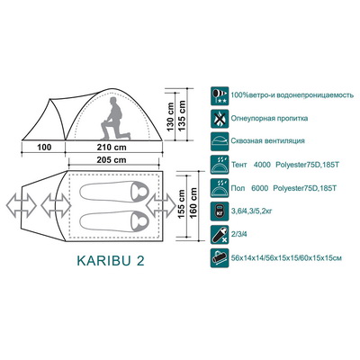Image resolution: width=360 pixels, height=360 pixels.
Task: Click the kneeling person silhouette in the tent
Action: tap(115, 119)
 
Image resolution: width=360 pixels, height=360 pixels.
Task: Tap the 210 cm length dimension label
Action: tap(112, 148)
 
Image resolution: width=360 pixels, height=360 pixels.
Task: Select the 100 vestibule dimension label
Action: tap(44, 148)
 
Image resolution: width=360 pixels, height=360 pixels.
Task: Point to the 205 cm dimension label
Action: tap(112, 160)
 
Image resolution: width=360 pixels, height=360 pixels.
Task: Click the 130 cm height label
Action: tap(170, 117)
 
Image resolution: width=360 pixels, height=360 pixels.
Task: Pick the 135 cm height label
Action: tap(182, 115)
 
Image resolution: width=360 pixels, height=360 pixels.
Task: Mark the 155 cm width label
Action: tap(182, 204)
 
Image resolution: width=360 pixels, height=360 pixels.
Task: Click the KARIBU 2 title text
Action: tap(111, 261)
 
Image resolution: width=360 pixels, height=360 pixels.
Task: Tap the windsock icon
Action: tap(220, 96)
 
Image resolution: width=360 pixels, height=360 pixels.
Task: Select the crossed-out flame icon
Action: tap(220, 119)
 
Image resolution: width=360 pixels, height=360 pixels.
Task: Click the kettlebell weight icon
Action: tap(220, 211)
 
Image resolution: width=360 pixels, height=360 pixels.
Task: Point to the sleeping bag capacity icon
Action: tap(220, 234)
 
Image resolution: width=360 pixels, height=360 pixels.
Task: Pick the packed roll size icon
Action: tap(220, 257)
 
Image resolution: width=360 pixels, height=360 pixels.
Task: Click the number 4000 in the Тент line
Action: tap(262, 165)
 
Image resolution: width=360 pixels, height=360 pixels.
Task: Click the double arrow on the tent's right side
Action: tap(161, 205)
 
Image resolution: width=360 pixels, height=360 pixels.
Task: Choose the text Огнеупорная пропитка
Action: tap(269, 118)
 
